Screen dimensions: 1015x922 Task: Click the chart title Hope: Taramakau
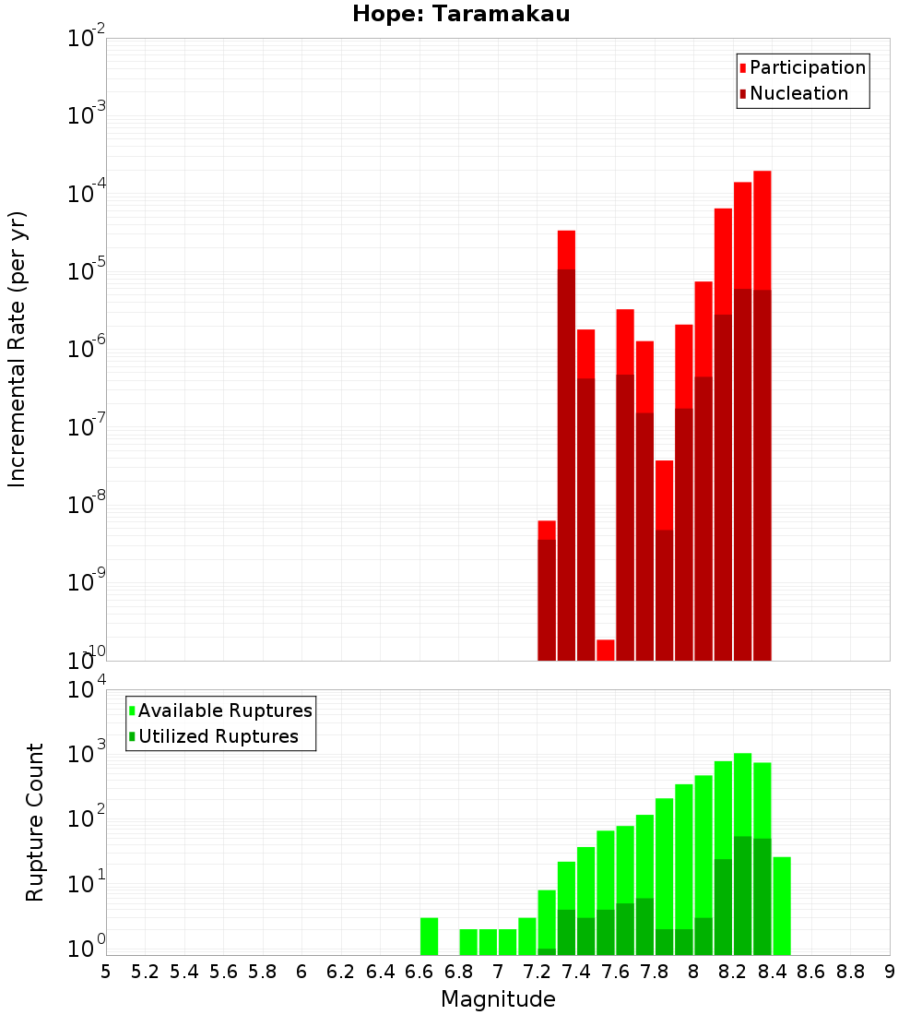pos(454,14)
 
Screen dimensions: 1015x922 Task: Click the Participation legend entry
pos(807,67)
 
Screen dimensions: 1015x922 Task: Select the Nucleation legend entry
pos(798,93)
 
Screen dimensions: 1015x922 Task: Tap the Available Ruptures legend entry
pos(224,710)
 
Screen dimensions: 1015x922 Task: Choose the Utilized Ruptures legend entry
pos(218,736)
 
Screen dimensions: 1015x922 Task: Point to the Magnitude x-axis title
pos(498,999)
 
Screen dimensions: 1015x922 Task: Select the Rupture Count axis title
pos(34,821)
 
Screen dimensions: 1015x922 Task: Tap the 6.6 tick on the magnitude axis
pos(420,972)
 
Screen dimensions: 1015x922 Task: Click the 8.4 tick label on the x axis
pos(772,972)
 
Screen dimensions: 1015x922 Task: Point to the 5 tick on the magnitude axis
pos(106,972)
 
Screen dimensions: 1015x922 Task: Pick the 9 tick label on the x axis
pos(890,972)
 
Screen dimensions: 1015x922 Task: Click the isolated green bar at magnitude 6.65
pos(430,936)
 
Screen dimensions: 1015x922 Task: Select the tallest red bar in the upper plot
pos(762,231)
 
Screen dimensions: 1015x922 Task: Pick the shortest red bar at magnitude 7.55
pos(606,650)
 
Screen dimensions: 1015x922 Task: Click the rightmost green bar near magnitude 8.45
pos(782,905)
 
